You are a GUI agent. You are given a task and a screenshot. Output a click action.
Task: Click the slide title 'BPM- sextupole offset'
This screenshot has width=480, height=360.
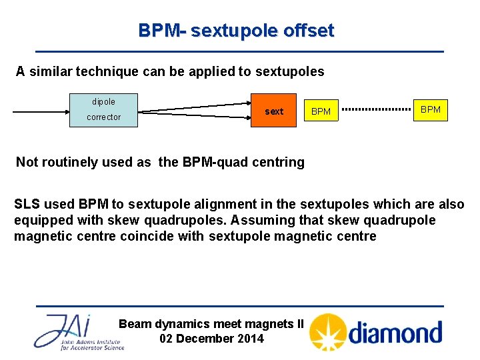[x=236, y=31]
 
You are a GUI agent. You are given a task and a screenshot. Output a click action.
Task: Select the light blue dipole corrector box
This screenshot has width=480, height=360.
[x=103, y=110]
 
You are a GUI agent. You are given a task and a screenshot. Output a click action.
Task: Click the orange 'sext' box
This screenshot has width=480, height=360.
[x=274, y=111]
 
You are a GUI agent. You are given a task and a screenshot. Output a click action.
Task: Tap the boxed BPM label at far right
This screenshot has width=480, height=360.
[x=431, y=109]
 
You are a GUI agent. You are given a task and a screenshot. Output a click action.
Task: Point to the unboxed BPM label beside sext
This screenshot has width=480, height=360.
[x=321, y=112]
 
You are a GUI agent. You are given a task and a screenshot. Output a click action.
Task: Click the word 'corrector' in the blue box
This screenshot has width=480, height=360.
[x=103, y=117]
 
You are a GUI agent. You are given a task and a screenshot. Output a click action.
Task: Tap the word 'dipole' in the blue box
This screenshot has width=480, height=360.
[x=103, y=102]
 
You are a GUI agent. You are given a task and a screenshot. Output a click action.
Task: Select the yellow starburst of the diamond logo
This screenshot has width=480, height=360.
[x=328, y=332]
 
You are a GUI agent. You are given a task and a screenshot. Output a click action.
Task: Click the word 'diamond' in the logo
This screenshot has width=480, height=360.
[x=395, y=332]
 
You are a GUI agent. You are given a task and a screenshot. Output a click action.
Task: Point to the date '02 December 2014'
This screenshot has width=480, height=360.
[x=211, y=338]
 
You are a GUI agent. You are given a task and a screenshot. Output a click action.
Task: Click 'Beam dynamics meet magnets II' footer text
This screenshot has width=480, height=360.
[x=211, y=324]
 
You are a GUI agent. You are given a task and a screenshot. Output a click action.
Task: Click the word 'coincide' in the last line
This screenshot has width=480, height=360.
[x=146, y=237]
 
